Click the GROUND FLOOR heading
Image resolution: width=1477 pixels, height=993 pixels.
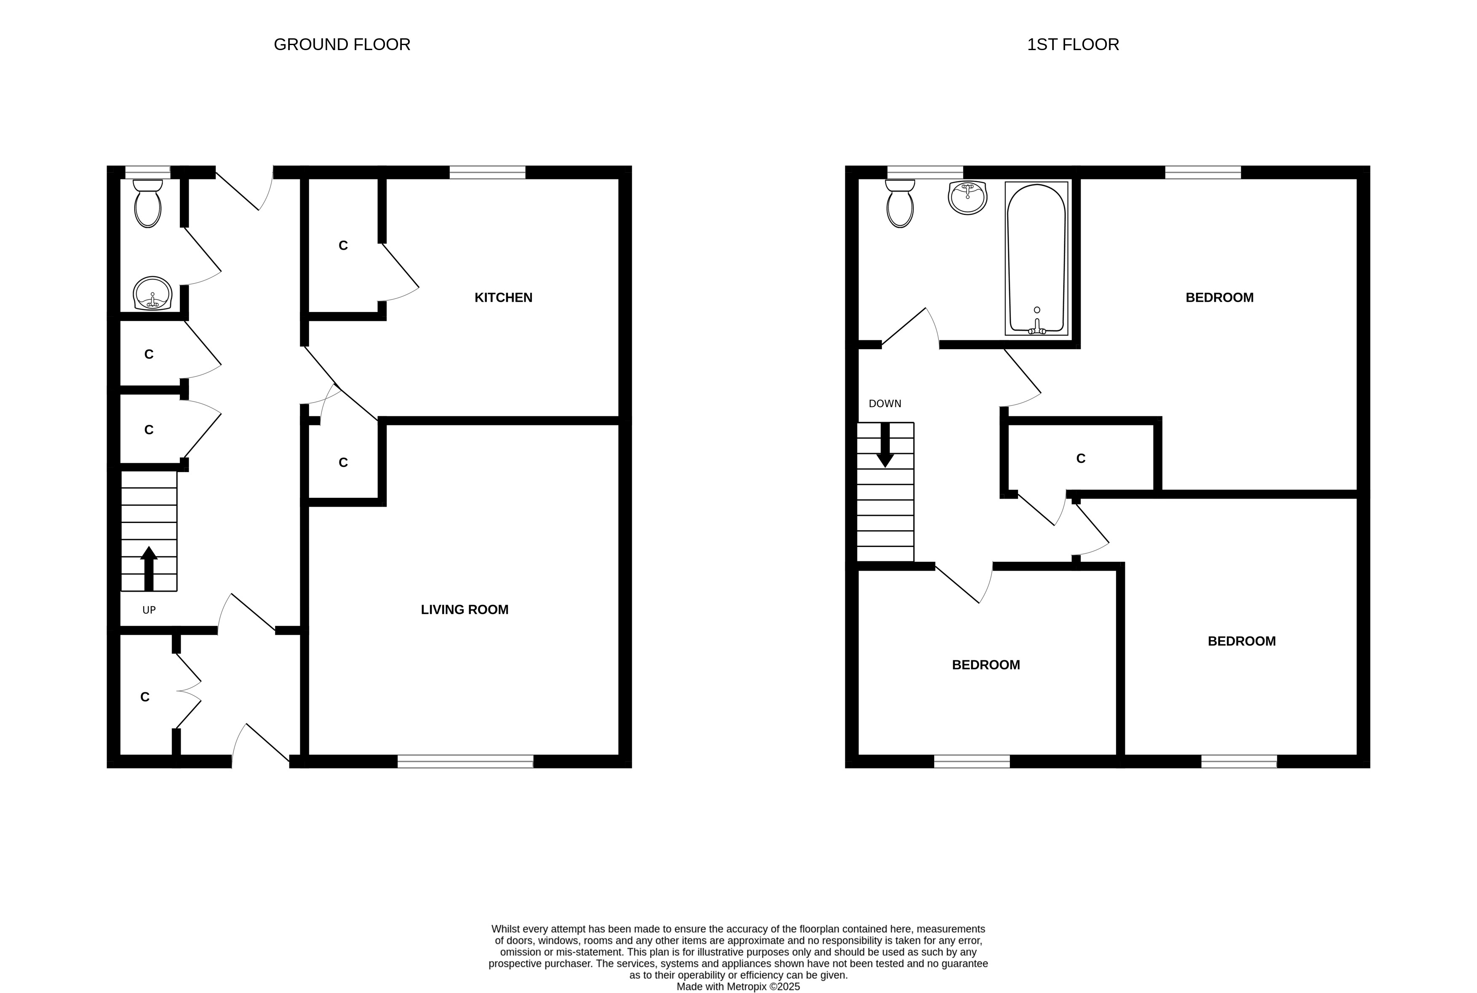coord(342,44)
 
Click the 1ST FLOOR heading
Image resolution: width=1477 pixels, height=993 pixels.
coord(1073,44)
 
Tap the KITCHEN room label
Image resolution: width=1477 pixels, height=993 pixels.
coord(504,298)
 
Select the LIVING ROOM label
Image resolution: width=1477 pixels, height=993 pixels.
coord(465,610)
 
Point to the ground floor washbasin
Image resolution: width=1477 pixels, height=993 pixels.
coord(152,294)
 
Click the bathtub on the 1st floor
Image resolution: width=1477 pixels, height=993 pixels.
coord(1036,259)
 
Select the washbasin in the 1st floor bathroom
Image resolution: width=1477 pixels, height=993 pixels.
coord(968,197)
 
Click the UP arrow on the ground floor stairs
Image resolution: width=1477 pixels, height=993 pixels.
coord(149,569)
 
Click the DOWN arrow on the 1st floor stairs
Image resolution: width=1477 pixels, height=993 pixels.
coord(885,445)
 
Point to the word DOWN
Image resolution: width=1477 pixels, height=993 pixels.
coord(885,403)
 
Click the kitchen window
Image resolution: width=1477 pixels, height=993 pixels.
coord(488,172)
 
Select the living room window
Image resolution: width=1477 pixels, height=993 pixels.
coord(465,761)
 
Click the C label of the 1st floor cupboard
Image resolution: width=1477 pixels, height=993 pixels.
coord(1081,459)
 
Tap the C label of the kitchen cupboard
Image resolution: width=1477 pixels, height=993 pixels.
coord(343,246)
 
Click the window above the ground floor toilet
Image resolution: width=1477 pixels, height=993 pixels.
coord(147,172)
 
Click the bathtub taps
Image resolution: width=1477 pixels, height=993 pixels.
coord(1037,327)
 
